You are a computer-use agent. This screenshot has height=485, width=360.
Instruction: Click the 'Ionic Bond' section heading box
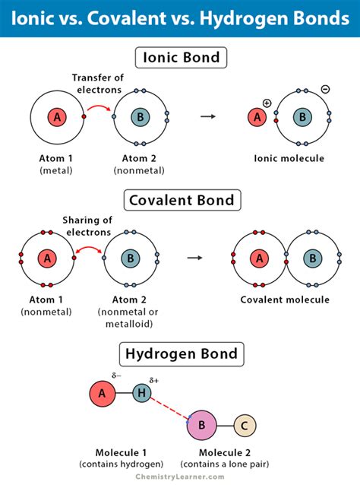179,57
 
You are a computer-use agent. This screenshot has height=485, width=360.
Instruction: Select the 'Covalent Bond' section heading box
179,201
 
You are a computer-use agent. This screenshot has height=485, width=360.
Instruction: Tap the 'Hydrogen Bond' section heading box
179,353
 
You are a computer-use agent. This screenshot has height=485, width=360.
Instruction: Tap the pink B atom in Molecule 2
202,426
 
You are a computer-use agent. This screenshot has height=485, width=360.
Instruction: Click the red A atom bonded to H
103,393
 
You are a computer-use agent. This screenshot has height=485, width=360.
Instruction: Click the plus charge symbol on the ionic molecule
267,102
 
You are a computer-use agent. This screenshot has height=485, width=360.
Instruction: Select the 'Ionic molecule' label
289,159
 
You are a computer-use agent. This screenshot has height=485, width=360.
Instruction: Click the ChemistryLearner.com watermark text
180,477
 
